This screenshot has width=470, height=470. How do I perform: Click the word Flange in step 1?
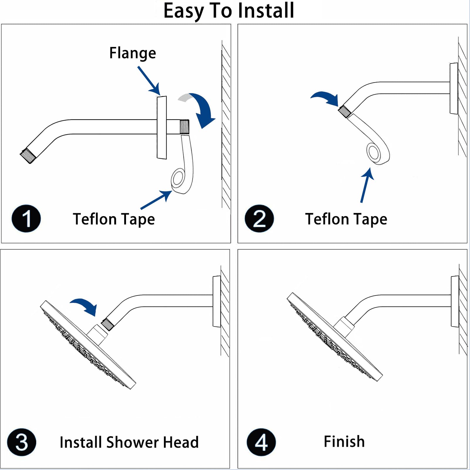pyautogui.click(x=132, y=53)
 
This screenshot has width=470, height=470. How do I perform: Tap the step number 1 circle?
pyautogui.click(x=26, y=219)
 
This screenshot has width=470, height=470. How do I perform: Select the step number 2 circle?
pyautogui.click(x=259, y=219)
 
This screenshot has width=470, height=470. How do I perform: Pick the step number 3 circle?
pyautogui.click(x=21, y=442)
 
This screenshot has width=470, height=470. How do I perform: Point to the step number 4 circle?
pyautogui.click(x=261, y=442)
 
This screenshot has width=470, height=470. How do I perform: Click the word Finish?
pyautogui.click(x=344, y=442)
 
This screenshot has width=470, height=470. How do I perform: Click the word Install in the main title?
pyautogui.click(x=266, y=11)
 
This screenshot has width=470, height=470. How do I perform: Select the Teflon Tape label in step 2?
pyautogui.click(x=346, y=219)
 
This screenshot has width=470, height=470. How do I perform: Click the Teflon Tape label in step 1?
pyautogui.click(x=114, y=219)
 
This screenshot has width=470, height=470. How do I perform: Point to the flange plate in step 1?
pyautogui.click(x=162, y=127)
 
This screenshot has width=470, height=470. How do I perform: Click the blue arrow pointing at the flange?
pyautogui.click(x=149, y=81)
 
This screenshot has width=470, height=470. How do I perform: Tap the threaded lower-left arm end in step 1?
pyautogui.click(x=28, y=156)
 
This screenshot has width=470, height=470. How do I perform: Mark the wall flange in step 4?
pyautogui.click(x=455, y=301)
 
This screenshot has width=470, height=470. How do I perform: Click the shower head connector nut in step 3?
pyautogui.click(x=97, y=335)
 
